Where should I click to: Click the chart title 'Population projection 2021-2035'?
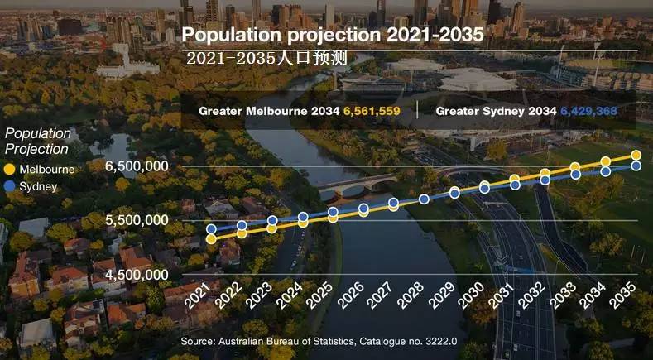pyautogui.click(x=332, y=36)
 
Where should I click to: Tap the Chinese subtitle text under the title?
pyautogui.click(x=266, y=59)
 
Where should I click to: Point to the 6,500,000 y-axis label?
pyautogui.click(x=137, y=166)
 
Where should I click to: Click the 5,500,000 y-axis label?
pyautogui.click(x=137, y=220)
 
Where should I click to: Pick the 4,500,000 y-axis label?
pyautogui.click(x=137, y=275)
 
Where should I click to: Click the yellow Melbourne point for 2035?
pyautogui.click(x=636, y=156)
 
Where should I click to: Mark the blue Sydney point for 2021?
pyautogui.click(x=211, y=229)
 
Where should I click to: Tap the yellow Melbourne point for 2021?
pyautogui.click(x=211, y=238)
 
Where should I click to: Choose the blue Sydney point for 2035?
pyautogui.click(x=636, y=166)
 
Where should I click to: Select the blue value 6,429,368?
pyautogui.click(x=588, y=111)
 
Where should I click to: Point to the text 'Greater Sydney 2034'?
pyautogui.click(x=495, y=111)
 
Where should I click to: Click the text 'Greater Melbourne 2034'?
pyautogui.click(x=269, y=111)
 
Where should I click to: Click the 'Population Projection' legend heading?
pyautogui.click(x=38, y=142)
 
